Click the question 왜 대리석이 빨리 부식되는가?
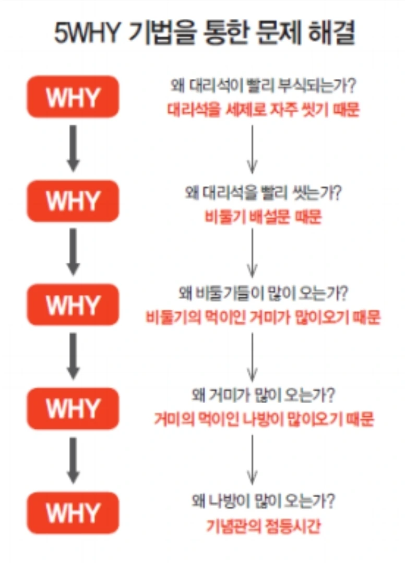[264, 86]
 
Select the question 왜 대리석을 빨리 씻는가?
[264, 193]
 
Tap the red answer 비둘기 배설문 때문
[263, 217]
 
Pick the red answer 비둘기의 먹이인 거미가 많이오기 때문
[264, 318]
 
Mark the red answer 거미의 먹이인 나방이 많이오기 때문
[264, 419]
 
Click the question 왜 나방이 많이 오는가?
[264, 502]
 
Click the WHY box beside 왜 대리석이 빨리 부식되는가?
[73, 97]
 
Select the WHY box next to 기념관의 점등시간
[73, 513]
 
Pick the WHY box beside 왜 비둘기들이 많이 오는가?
[73, 304]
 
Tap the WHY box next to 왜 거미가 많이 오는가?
[73, 408]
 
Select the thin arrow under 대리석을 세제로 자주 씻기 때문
[253, 148]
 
